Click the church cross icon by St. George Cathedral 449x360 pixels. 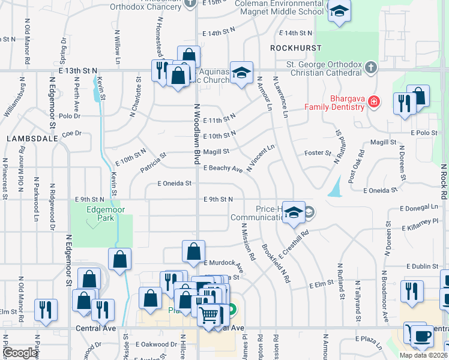coord(371,67)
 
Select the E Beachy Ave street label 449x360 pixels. coord(223,169)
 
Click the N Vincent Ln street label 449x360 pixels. coord(260,157)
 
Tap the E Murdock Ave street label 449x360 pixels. coord(223,263)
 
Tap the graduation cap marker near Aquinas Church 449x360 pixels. coord(241,73)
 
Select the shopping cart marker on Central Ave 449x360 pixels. coord(209,313)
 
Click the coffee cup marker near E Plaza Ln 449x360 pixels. coord(423,336)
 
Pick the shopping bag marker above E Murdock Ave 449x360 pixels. coord(193,252)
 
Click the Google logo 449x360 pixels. coord(20,353)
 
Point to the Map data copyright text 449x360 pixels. coord(423,355)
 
